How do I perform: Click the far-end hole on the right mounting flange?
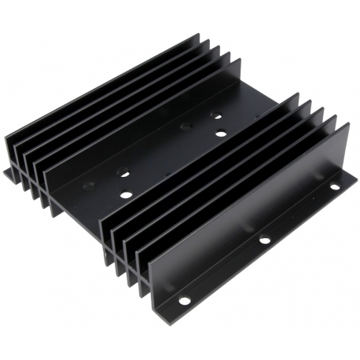tap(333, 188)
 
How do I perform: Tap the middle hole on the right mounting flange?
tap(266, 240)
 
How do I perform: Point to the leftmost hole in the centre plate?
tap(89, 186)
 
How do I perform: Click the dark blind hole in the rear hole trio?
tap(186, 125)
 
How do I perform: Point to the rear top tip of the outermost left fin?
tap(197, 35)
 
